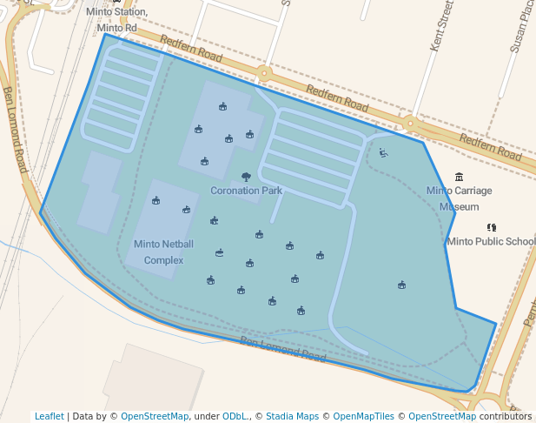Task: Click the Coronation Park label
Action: (247, 190)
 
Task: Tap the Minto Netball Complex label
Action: (163, 252)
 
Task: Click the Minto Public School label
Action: (491, 241)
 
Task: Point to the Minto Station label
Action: (116, 12)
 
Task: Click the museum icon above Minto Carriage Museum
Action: (459, 177)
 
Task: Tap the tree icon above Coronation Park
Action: (246, 177)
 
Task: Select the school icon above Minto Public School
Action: (492, 227)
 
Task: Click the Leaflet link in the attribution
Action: (50, 416)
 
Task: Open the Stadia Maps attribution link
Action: (292, 416)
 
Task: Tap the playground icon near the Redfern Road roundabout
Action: (383, 153)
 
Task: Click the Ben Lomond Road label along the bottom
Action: (282, 350)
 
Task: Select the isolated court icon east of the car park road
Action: (401, 285)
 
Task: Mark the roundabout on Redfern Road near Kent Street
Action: (409, 124)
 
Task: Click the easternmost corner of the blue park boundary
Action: (496, 325)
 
